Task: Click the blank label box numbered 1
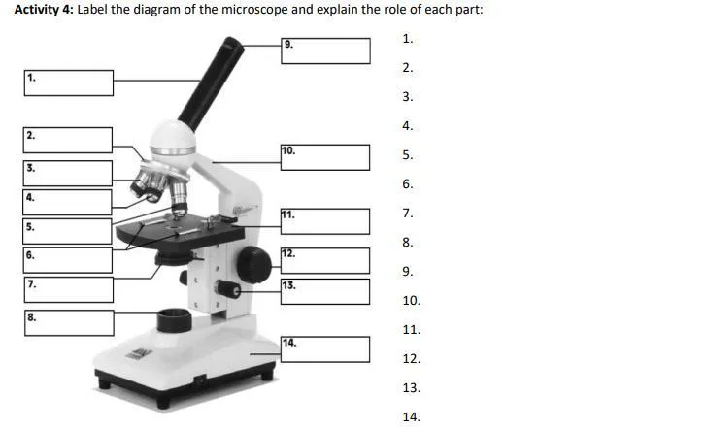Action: pos(69,82)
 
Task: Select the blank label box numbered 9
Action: pos(326,50)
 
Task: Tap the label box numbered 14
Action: pos(326,349)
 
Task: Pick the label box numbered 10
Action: pos(326,157)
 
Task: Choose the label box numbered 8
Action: pos(69,323)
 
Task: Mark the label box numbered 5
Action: pos(69,231)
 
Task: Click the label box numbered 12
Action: pos(326,260)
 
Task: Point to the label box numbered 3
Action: pos(69,174)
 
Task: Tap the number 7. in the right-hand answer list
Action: pos(408,213)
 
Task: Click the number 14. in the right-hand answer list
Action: pos(411,416)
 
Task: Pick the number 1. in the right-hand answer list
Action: pos(408,39)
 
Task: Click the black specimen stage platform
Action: pos(180,231)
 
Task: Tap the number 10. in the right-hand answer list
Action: pos(411,300)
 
